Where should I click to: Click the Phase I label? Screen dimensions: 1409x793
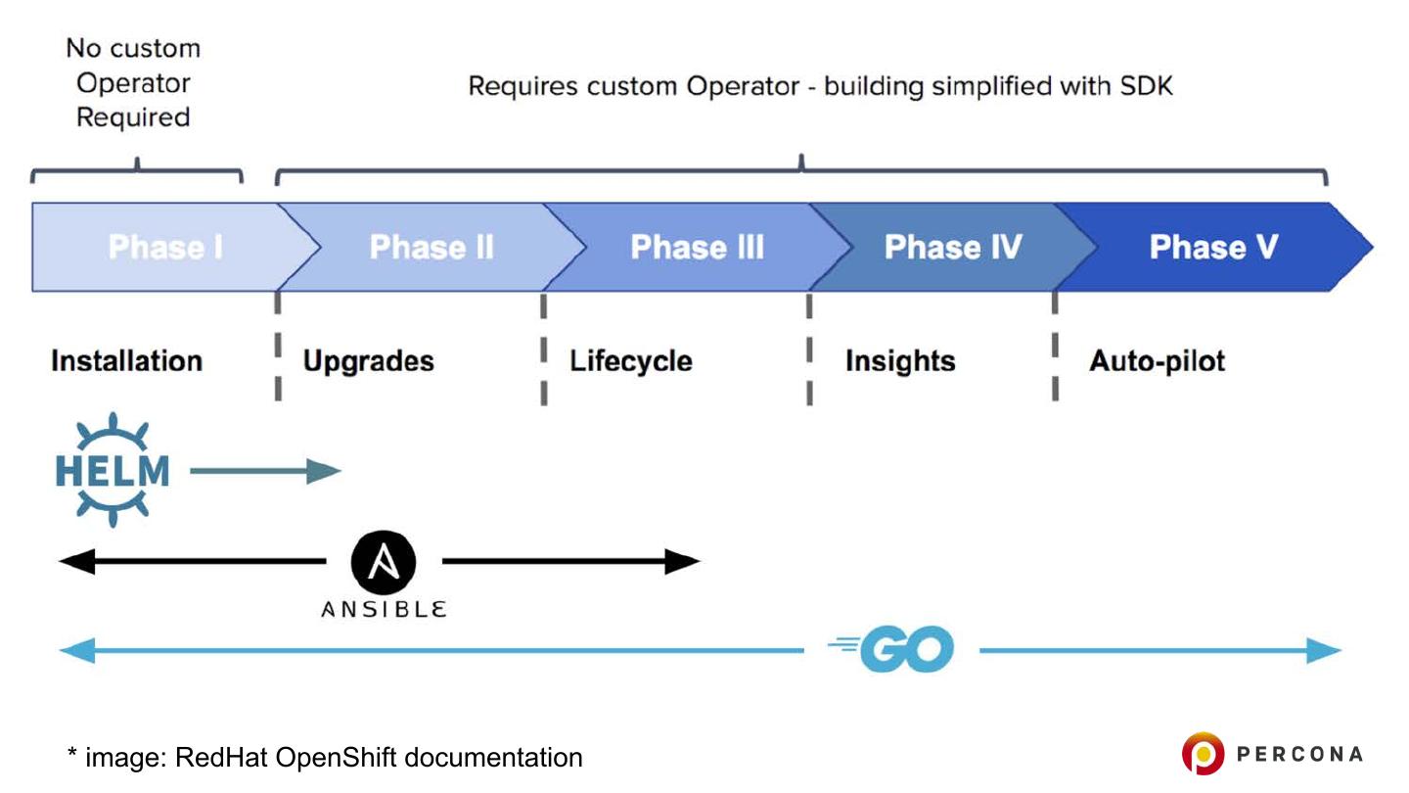[x=165, y=247]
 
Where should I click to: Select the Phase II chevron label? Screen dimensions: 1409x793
[x=432, y=247]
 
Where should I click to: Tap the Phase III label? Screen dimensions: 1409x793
[x=697, y=247]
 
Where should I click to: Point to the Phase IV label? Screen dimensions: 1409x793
[x=953, y=247]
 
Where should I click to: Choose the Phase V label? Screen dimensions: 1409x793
[x=1213, y=247]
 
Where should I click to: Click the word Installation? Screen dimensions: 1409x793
[x=126, y=361]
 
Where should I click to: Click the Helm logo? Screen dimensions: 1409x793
[x=113, y=470]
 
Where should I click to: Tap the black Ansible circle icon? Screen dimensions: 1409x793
[x=384, y=562]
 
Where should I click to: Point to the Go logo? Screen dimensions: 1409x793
[x=892, y=649]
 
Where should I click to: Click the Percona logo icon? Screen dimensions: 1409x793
[x=1203, y=754]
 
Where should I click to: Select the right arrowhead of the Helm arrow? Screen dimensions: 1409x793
[x=324, y=471]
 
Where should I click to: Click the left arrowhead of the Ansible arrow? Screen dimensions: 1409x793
[x=76, y=561]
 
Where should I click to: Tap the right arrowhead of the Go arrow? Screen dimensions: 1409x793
[x=1324, y=650]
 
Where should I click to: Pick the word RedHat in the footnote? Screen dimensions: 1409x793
[x=221, y=757]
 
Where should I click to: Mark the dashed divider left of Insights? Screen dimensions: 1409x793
[x=809, y=350]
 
